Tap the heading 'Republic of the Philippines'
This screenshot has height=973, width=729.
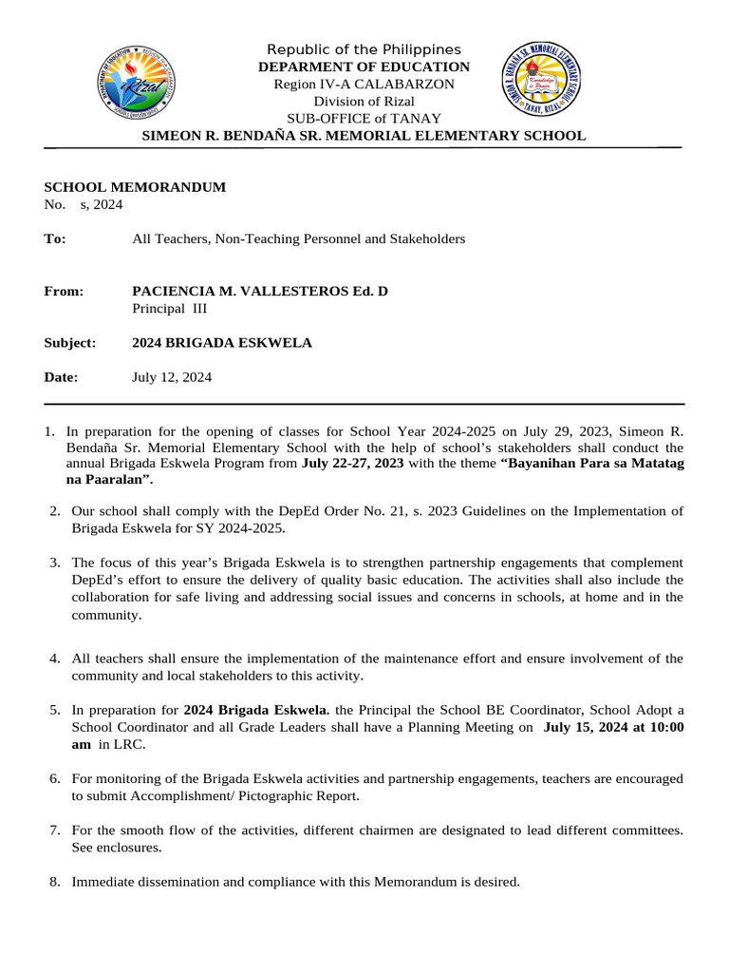coord(364,49)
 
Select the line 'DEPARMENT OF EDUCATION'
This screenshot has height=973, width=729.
coord(364,67)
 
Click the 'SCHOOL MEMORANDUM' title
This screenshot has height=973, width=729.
coord(135,187)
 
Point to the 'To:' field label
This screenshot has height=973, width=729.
coord(55,239)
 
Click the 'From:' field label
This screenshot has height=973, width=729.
coord(64,291)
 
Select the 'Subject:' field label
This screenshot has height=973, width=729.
coord(69,343)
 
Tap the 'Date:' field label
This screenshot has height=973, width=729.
coord(61,377)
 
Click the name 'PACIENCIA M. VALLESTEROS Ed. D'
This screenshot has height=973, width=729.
coord(259,291)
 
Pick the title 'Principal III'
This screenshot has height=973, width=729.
coord(169,308)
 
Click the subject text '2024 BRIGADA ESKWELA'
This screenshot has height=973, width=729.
coord(221,343)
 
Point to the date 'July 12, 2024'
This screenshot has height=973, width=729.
coord(171,377)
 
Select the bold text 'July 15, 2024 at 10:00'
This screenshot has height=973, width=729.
coord(612,728)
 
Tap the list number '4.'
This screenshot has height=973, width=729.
coord(55,658)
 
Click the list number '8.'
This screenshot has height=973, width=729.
coord(55,883)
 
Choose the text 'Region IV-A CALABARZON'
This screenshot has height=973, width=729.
coord(364,85)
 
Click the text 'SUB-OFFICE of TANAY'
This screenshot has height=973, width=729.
coord(364,119)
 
